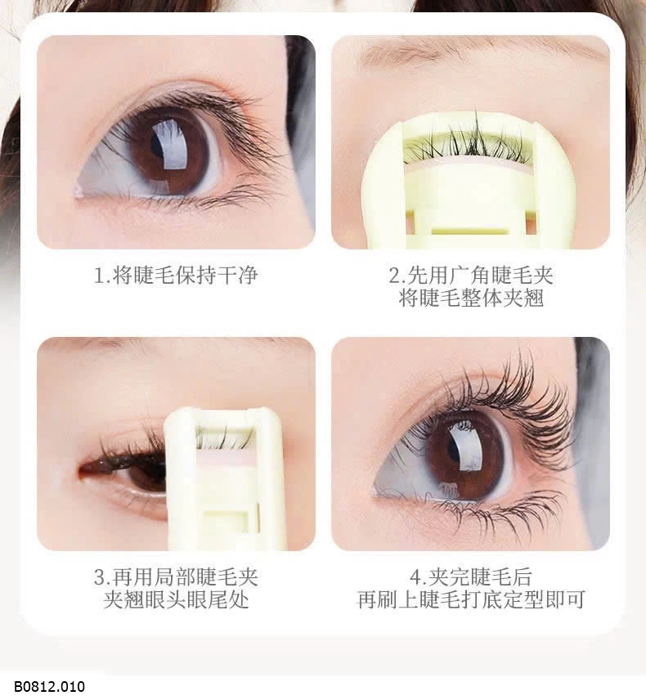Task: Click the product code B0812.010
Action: [49, 686]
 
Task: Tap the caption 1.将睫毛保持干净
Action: [176, 275]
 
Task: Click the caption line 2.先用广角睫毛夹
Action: [471, 275]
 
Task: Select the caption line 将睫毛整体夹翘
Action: [471, 298]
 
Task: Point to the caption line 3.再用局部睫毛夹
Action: [176, 577]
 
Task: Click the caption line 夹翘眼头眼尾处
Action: [176, 599]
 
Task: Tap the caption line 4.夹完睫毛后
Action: [471, 577]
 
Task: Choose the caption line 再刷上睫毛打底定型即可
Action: [471, 599]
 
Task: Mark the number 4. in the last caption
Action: [416, 577]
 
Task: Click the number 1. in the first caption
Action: [101, 275]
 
